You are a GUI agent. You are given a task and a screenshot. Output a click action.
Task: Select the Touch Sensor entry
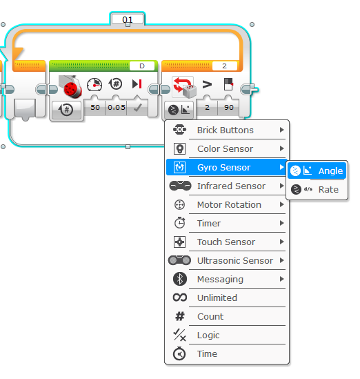[x=227, y=242]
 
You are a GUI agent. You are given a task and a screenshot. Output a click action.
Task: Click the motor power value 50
[x=95, y=107]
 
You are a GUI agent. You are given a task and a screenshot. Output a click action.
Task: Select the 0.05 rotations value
[x=117, y=107]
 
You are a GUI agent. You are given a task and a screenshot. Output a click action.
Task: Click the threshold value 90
[x=229, y=107]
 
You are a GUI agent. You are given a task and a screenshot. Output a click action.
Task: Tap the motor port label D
[x=142, y=66]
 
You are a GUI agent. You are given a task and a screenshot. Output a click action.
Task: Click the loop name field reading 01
[x=128, y=19]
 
